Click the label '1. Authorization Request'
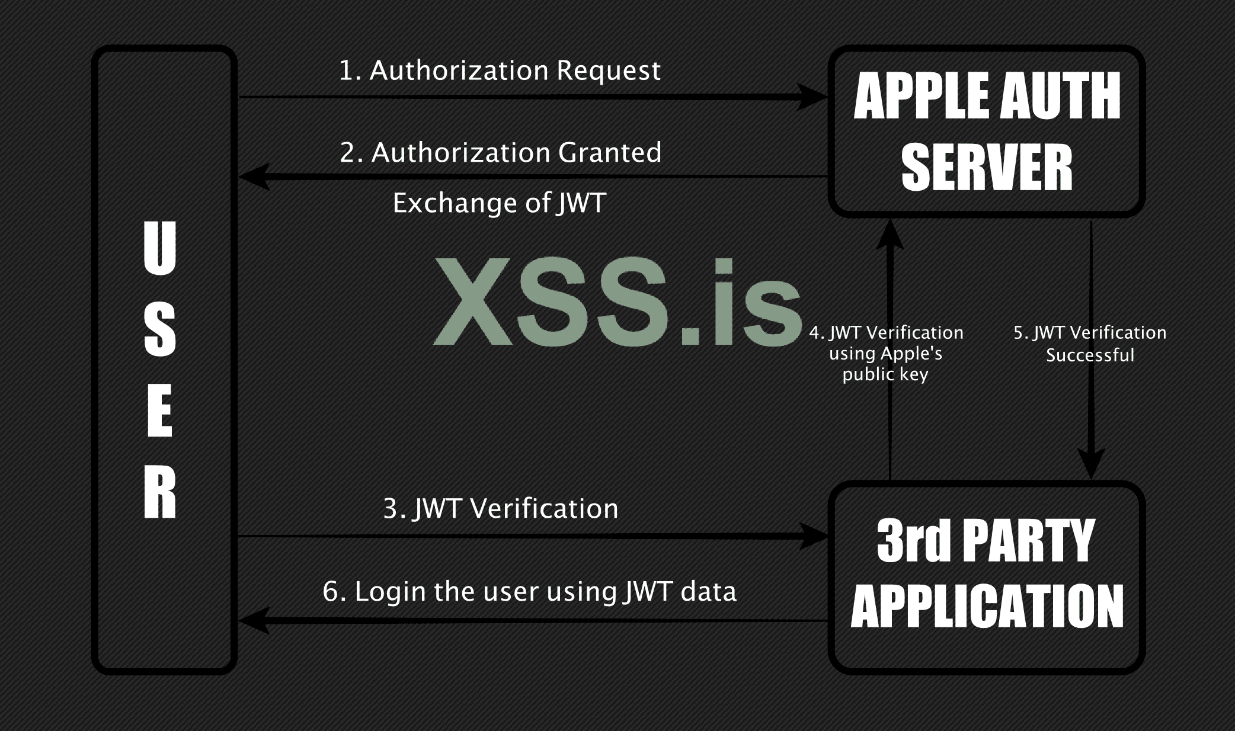click(500, 71)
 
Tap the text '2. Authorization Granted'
click(501, 153)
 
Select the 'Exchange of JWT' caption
click(500, 203)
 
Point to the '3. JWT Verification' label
click(501, 509)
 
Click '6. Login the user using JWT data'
click(529, 592)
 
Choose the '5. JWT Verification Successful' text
click(1090, 344)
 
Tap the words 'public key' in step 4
click(885, 374)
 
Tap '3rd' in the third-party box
click(913, 540)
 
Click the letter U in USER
click(160, 249)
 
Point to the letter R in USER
click(160, 492)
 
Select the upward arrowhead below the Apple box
click(890, 233)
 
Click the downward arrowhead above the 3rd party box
click(1091, 463)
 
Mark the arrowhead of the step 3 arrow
click(812, 537)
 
